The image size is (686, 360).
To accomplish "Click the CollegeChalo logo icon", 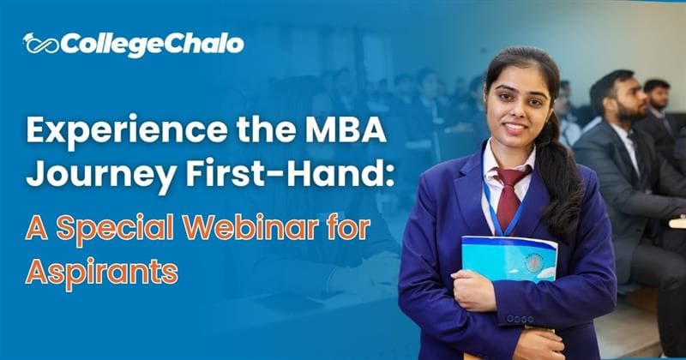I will click(39, 44).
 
